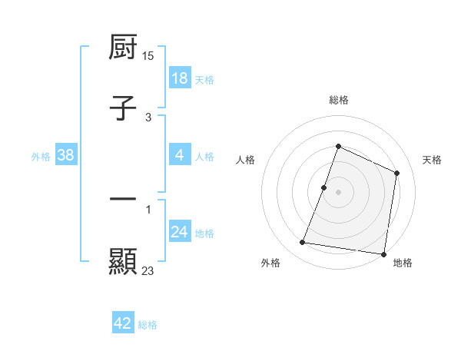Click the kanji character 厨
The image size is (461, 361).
click(123, 48)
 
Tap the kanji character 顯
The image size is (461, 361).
click(123, 261)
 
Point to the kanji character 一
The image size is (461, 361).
click(123, 199)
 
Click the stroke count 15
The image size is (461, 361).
click(148, 56)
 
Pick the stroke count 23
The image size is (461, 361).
click(148, 270)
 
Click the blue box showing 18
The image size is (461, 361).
click(180, 78)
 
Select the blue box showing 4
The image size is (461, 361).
click(180, 154)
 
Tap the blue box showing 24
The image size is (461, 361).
click(180, 232)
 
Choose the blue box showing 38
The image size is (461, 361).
click(66, 155)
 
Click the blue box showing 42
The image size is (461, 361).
click(123, 323)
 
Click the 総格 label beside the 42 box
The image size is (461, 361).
click(148, 325)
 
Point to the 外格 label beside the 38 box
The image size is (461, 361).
click(41, 156)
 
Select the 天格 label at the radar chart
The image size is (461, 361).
click(432, 160)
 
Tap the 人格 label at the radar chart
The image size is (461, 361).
click(246, 160)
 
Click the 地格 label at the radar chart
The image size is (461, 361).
click(403, 263)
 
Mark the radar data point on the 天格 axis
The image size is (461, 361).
click(397, 173)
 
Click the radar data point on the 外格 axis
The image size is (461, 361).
click(303, 243)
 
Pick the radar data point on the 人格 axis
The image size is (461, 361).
click(324, 187)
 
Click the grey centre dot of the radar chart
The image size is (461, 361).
click(338, 192)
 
